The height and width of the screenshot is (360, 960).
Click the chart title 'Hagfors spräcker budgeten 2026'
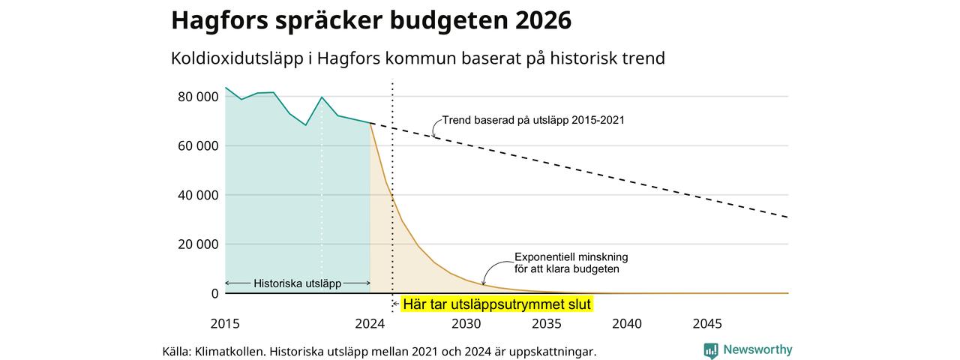(x=371, y=20)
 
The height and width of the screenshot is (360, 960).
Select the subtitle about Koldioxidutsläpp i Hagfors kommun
(x=418, y=58)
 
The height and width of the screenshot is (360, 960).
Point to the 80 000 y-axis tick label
(x=198, y=97)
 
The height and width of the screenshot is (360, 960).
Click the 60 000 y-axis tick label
(x=198, y=146)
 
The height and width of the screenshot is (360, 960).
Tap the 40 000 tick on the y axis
(x=198, y=196)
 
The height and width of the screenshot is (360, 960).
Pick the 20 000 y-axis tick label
(x=198, y=244)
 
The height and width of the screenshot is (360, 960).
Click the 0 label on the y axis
(x=214, y=293)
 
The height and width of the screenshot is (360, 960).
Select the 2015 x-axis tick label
(x=225, y=323)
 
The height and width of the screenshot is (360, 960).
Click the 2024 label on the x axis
(x=370, y=323)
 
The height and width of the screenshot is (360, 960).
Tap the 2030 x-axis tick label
(x=466, y=323)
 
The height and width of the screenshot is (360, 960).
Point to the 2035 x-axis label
(x=547, y=323)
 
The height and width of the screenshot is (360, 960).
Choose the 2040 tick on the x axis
(x=627, y=323)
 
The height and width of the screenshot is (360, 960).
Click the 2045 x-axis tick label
(x=707, y=323)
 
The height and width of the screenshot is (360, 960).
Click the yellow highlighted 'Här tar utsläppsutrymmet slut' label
(x=497, y=304)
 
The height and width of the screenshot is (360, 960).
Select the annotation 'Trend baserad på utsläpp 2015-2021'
(x=533, y=121)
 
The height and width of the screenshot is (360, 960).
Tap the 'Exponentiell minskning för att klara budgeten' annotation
(x=571, y=263)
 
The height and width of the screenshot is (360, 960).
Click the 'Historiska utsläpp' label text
(x=298, y=283)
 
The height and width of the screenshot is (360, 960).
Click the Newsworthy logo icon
(x=710, y=350)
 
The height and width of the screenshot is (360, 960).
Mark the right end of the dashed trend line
(x=787, y=217)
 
